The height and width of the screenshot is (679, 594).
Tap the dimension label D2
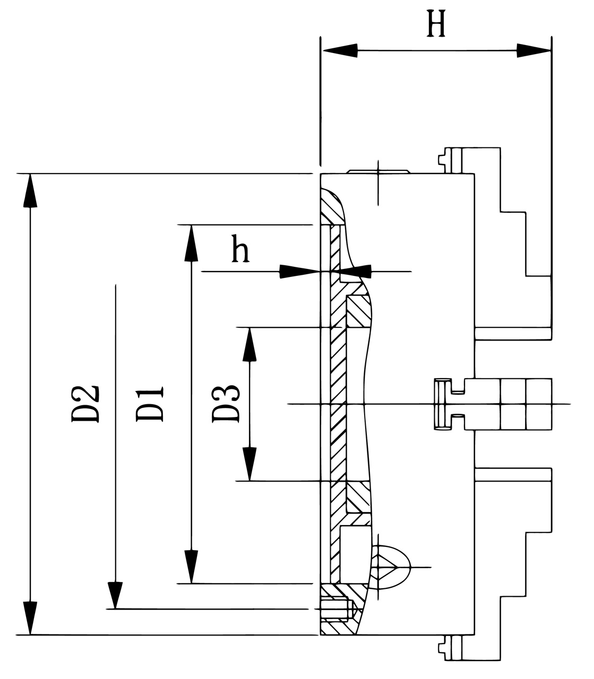[85, 403]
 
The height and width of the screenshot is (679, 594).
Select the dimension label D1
[150, 404]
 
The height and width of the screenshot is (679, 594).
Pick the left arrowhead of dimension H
[340, 51]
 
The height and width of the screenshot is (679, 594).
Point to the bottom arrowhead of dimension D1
[191, 567]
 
